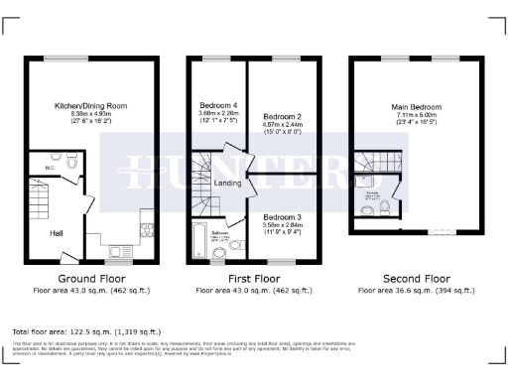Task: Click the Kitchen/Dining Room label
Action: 90,106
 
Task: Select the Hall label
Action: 59,233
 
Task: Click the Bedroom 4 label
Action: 218,105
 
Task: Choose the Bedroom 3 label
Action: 283,216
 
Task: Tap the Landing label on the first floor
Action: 226,185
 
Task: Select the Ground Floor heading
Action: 91,279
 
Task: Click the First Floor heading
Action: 254,279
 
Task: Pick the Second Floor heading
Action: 416,279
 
